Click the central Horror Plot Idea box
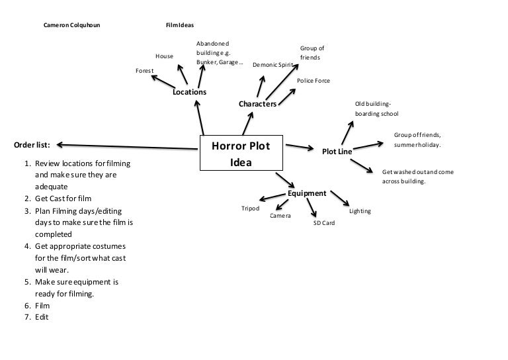tap(241, 154)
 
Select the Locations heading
tap(189, 92)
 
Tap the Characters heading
tap(257, 104)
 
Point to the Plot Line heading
tap(337, 152)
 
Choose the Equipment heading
tap(307, 193)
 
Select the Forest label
tap(144, 71)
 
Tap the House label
tap(164, 56)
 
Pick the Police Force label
tap(313, 81)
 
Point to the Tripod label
tap(250, 208)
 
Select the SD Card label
tap(324, 223)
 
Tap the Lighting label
tap(360, 211)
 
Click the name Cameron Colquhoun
tap(71, 26)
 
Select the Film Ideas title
tap(180, 26)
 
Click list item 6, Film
tap(42, 306)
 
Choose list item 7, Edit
tap(42, 317)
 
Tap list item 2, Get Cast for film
tap(63, 199)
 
